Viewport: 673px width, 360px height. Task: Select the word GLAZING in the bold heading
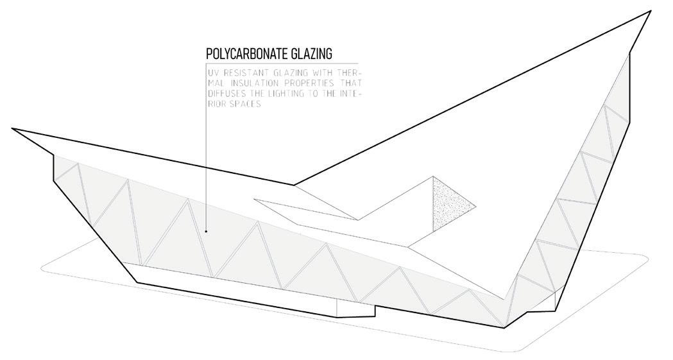311,53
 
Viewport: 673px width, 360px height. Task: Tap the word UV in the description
211,73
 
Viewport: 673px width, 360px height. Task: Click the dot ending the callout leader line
206,230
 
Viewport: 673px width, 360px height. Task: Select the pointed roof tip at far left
13,129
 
